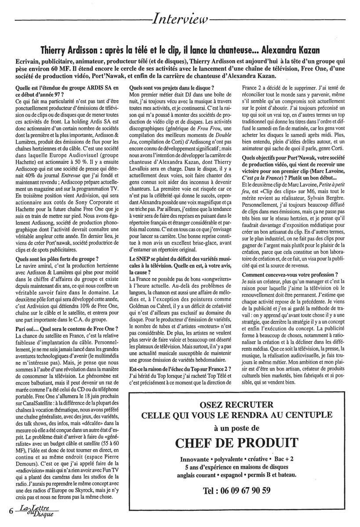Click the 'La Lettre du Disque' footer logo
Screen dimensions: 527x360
pyautogui.click(x=36, y=511)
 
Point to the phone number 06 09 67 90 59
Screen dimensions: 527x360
pyautogui.click(x=236, y=491)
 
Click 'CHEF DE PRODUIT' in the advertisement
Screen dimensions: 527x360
pyautogui.click(x=236, y=442)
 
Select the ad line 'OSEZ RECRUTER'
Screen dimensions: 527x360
pyautogui.click(x=236, y=404)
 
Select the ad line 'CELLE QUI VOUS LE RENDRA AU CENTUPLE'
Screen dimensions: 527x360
pyautogui.click(x=236, y=415)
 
